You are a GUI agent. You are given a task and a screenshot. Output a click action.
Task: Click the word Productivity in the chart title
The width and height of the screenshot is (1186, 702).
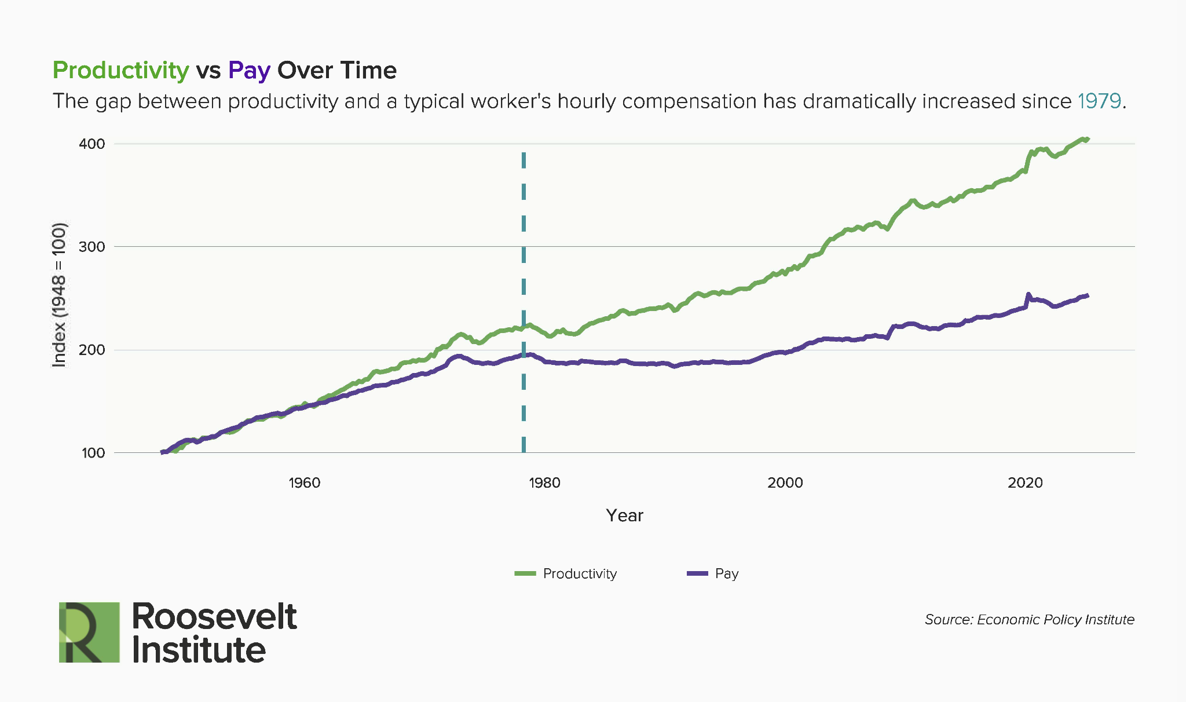pos(120,71)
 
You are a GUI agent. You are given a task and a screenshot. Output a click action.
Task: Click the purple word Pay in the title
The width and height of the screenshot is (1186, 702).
pos(249,71)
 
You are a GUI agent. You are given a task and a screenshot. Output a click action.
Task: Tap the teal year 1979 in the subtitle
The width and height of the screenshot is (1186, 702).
pos(1099,101)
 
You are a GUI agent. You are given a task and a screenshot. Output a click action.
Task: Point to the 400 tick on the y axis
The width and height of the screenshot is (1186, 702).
pos(91,144)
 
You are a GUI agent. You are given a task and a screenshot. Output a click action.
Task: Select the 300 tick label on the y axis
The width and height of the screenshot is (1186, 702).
pos(91,247)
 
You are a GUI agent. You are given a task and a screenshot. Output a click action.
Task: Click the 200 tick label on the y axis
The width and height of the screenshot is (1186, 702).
pos(91,350)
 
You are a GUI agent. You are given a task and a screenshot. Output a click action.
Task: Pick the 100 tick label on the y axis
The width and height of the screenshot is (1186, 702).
pos(93,453)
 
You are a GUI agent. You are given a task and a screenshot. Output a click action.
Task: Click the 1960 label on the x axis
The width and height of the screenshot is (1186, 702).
pos(304,483)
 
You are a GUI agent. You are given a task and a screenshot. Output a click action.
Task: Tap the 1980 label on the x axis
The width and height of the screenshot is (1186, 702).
pos(544,483)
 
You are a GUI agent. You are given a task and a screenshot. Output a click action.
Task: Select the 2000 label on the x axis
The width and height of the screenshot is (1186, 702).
pos(785,483)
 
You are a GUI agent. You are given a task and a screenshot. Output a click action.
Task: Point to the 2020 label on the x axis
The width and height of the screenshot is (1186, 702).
pos(1025,483)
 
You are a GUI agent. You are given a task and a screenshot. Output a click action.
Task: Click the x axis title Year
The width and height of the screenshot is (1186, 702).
pos(624,515)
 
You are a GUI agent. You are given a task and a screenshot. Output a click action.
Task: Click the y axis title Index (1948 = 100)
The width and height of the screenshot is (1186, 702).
pos(59,294)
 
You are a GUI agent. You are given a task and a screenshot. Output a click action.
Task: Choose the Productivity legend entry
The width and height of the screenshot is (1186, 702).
pos(566,573)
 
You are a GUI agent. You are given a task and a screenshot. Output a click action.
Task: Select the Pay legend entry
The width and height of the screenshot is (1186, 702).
pos(713,573)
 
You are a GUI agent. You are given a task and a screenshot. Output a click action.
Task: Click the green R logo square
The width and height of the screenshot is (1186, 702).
pos(89,632)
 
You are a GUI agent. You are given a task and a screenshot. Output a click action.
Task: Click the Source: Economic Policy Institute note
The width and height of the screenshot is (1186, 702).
pos(1029,619)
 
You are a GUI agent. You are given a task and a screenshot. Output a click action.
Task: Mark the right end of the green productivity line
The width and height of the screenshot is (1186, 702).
pos(1088,139)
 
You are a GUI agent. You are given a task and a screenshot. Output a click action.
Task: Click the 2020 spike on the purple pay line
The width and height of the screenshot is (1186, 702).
pos(1028,295)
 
